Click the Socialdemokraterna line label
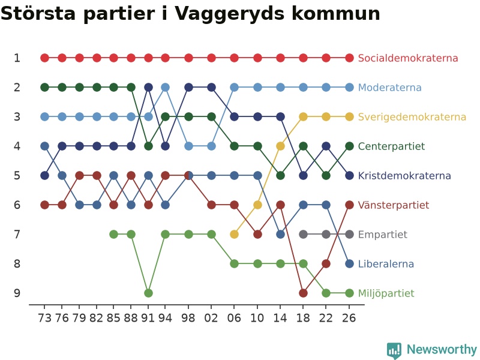click(x=408, y=58)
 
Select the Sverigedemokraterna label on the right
click(x=412, y=116)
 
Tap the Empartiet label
click(x=383, y=235)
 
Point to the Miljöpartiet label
click(x=386, y=293)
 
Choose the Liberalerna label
click(x=386, y=263)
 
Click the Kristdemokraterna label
click(x=404, y=175)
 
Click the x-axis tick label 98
click(x=188, y=318)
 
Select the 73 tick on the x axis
click(x=44, y=318)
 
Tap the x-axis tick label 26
click(x=349, y=318)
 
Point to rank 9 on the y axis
click(x=17, y=293)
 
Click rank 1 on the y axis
click(x=17, y=58)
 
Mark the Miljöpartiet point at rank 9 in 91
click(x=148, y=293)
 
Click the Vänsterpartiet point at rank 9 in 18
click(x=303, y=293)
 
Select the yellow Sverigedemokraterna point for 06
click(x=234, y=234)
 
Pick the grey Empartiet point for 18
click(x=303, y=234)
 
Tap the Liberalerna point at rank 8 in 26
click(x=349, y=263)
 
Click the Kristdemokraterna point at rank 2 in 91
click(x=148, y=87)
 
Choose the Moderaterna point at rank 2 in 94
click(x=166, y=87)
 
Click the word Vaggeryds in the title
click(x=229, y=14)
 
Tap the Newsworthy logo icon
click(x=394, y=350)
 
